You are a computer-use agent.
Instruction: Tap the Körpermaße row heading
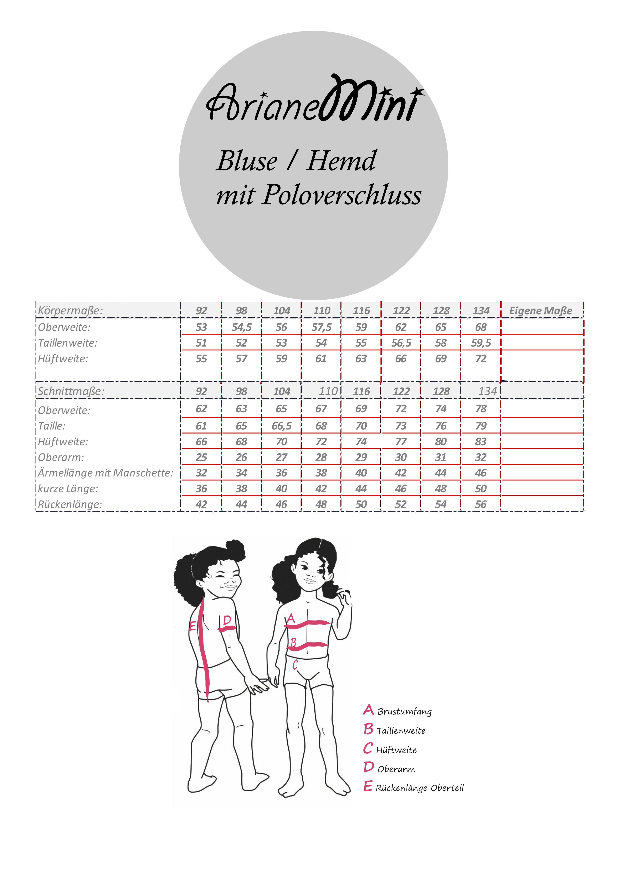click(70, 311)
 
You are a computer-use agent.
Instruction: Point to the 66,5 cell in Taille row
click(281, 426)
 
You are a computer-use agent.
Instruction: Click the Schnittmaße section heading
click(71, 391)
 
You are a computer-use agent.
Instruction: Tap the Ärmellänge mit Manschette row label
click(105, 473)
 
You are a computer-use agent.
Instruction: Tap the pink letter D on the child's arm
click(227, 620)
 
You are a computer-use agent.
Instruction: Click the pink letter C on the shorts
click(295, 665)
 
